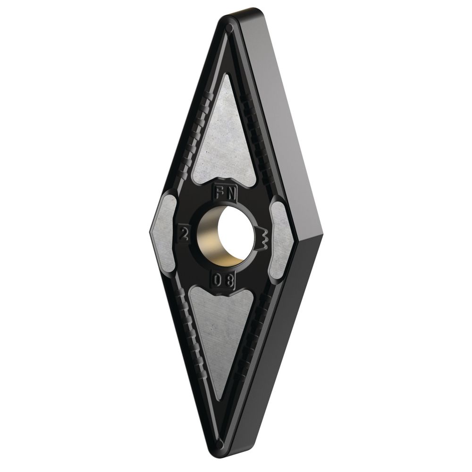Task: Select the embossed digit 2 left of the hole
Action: pos(182,232)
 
